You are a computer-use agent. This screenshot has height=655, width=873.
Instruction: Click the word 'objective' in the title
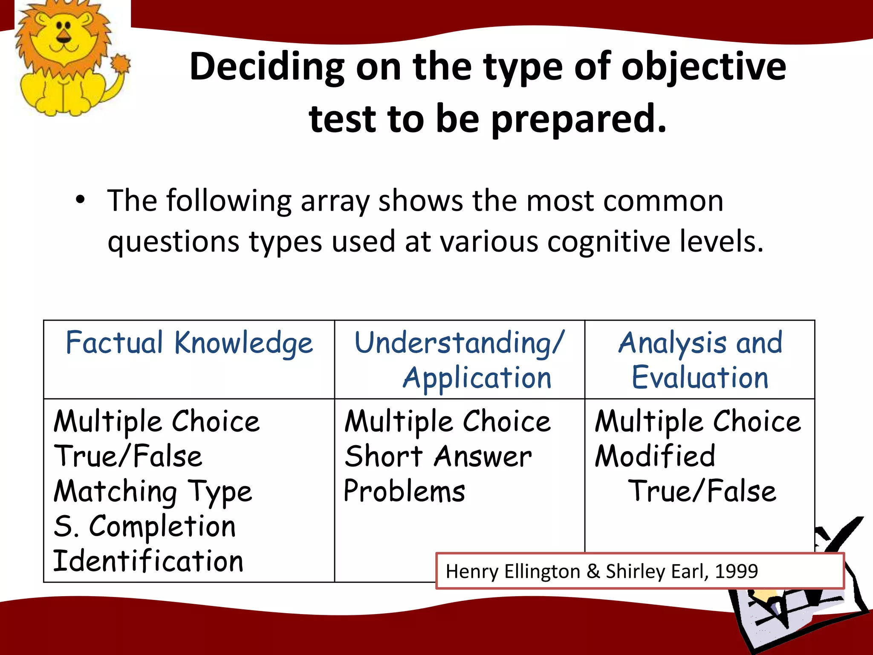click(703, 67)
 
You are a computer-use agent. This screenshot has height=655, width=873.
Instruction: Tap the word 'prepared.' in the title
click(579, 119)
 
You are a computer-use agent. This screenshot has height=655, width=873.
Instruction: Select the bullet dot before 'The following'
click(80, 200)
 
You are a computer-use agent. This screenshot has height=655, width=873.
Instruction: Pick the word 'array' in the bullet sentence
click(335, 201)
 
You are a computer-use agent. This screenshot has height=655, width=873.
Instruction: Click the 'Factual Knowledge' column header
click(189, 343)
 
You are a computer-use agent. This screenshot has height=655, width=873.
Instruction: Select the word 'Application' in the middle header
click(477, 378)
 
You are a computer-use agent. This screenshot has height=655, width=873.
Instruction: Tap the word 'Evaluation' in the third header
click(700, 377)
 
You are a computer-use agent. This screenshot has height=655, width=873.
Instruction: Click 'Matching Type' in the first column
click(153, 492)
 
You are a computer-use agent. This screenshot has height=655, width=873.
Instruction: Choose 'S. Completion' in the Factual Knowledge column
click(145, 526)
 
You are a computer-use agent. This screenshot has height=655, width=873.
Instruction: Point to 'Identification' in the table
click(148, 561)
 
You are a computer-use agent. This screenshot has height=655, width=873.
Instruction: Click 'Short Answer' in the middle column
click(438, 457)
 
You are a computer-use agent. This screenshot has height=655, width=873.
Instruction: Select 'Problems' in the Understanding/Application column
click(404, 492)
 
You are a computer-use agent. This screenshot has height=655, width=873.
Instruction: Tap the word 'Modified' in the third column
click(655, 456)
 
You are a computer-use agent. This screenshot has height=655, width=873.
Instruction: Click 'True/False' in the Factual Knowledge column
click(128, 457)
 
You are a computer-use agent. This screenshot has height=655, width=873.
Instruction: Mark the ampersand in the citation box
click(593, 571)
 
